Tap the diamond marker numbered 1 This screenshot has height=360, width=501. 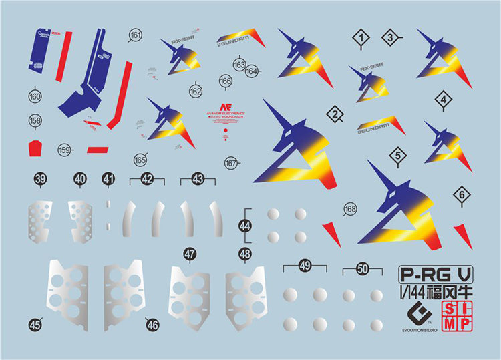point(362,40)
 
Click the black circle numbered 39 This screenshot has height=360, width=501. point(41,179)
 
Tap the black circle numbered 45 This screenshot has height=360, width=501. point(35,324)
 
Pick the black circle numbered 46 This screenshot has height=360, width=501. point(152,325)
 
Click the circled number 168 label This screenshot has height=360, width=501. point(351,208)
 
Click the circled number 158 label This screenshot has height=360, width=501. point(35,120)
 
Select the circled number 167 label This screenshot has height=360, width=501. point(232,164)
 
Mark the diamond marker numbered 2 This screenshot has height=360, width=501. point(335,115)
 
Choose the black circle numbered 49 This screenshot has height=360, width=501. point(305,266)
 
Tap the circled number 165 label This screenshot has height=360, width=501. point(140,160)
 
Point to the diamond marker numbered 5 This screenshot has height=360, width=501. point(398,156)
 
